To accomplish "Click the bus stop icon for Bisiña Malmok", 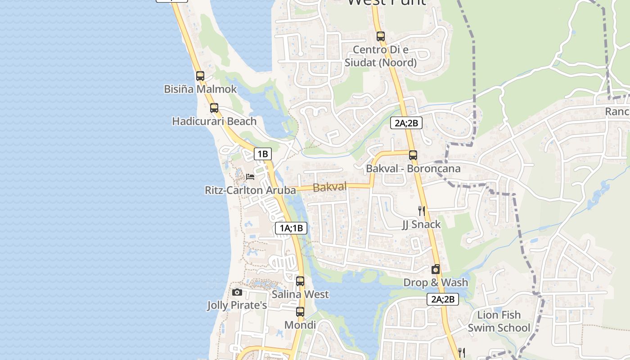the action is [x=200, y=76].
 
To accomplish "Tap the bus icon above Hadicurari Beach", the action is [x=214, y=108].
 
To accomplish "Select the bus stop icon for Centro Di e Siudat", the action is [x=381, y=36].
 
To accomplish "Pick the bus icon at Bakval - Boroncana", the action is [x=413, y=155].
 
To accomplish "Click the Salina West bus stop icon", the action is [x=300, y=281].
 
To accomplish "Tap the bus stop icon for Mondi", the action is [x=300, y=311].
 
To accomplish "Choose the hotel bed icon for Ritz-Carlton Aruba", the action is [x=250, y=177].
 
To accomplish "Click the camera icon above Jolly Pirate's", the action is [x=237, y=292].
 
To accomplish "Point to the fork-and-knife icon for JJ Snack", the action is [x=422, y=211].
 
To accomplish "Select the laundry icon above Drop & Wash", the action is [x=436, y=270].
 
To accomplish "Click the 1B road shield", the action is [x=263, y=154].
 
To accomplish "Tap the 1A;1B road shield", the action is [x=291, y=228].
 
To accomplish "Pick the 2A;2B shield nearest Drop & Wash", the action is [x=443, y=299].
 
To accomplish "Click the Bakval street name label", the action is [x=330, y=187].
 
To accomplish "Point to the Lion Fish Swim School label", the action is [x=499, y=321].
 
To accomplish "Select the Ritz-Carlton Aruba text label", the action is [x=250, y=190].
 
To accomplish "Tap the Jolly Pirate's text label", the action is [x=237, y=306].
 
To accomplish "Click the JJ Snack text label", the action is [x=421, y=224].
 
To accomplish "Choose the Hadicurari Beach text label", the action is [x=214, y=121].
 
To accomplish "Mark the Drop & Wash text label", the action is [x=436, y=283].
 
